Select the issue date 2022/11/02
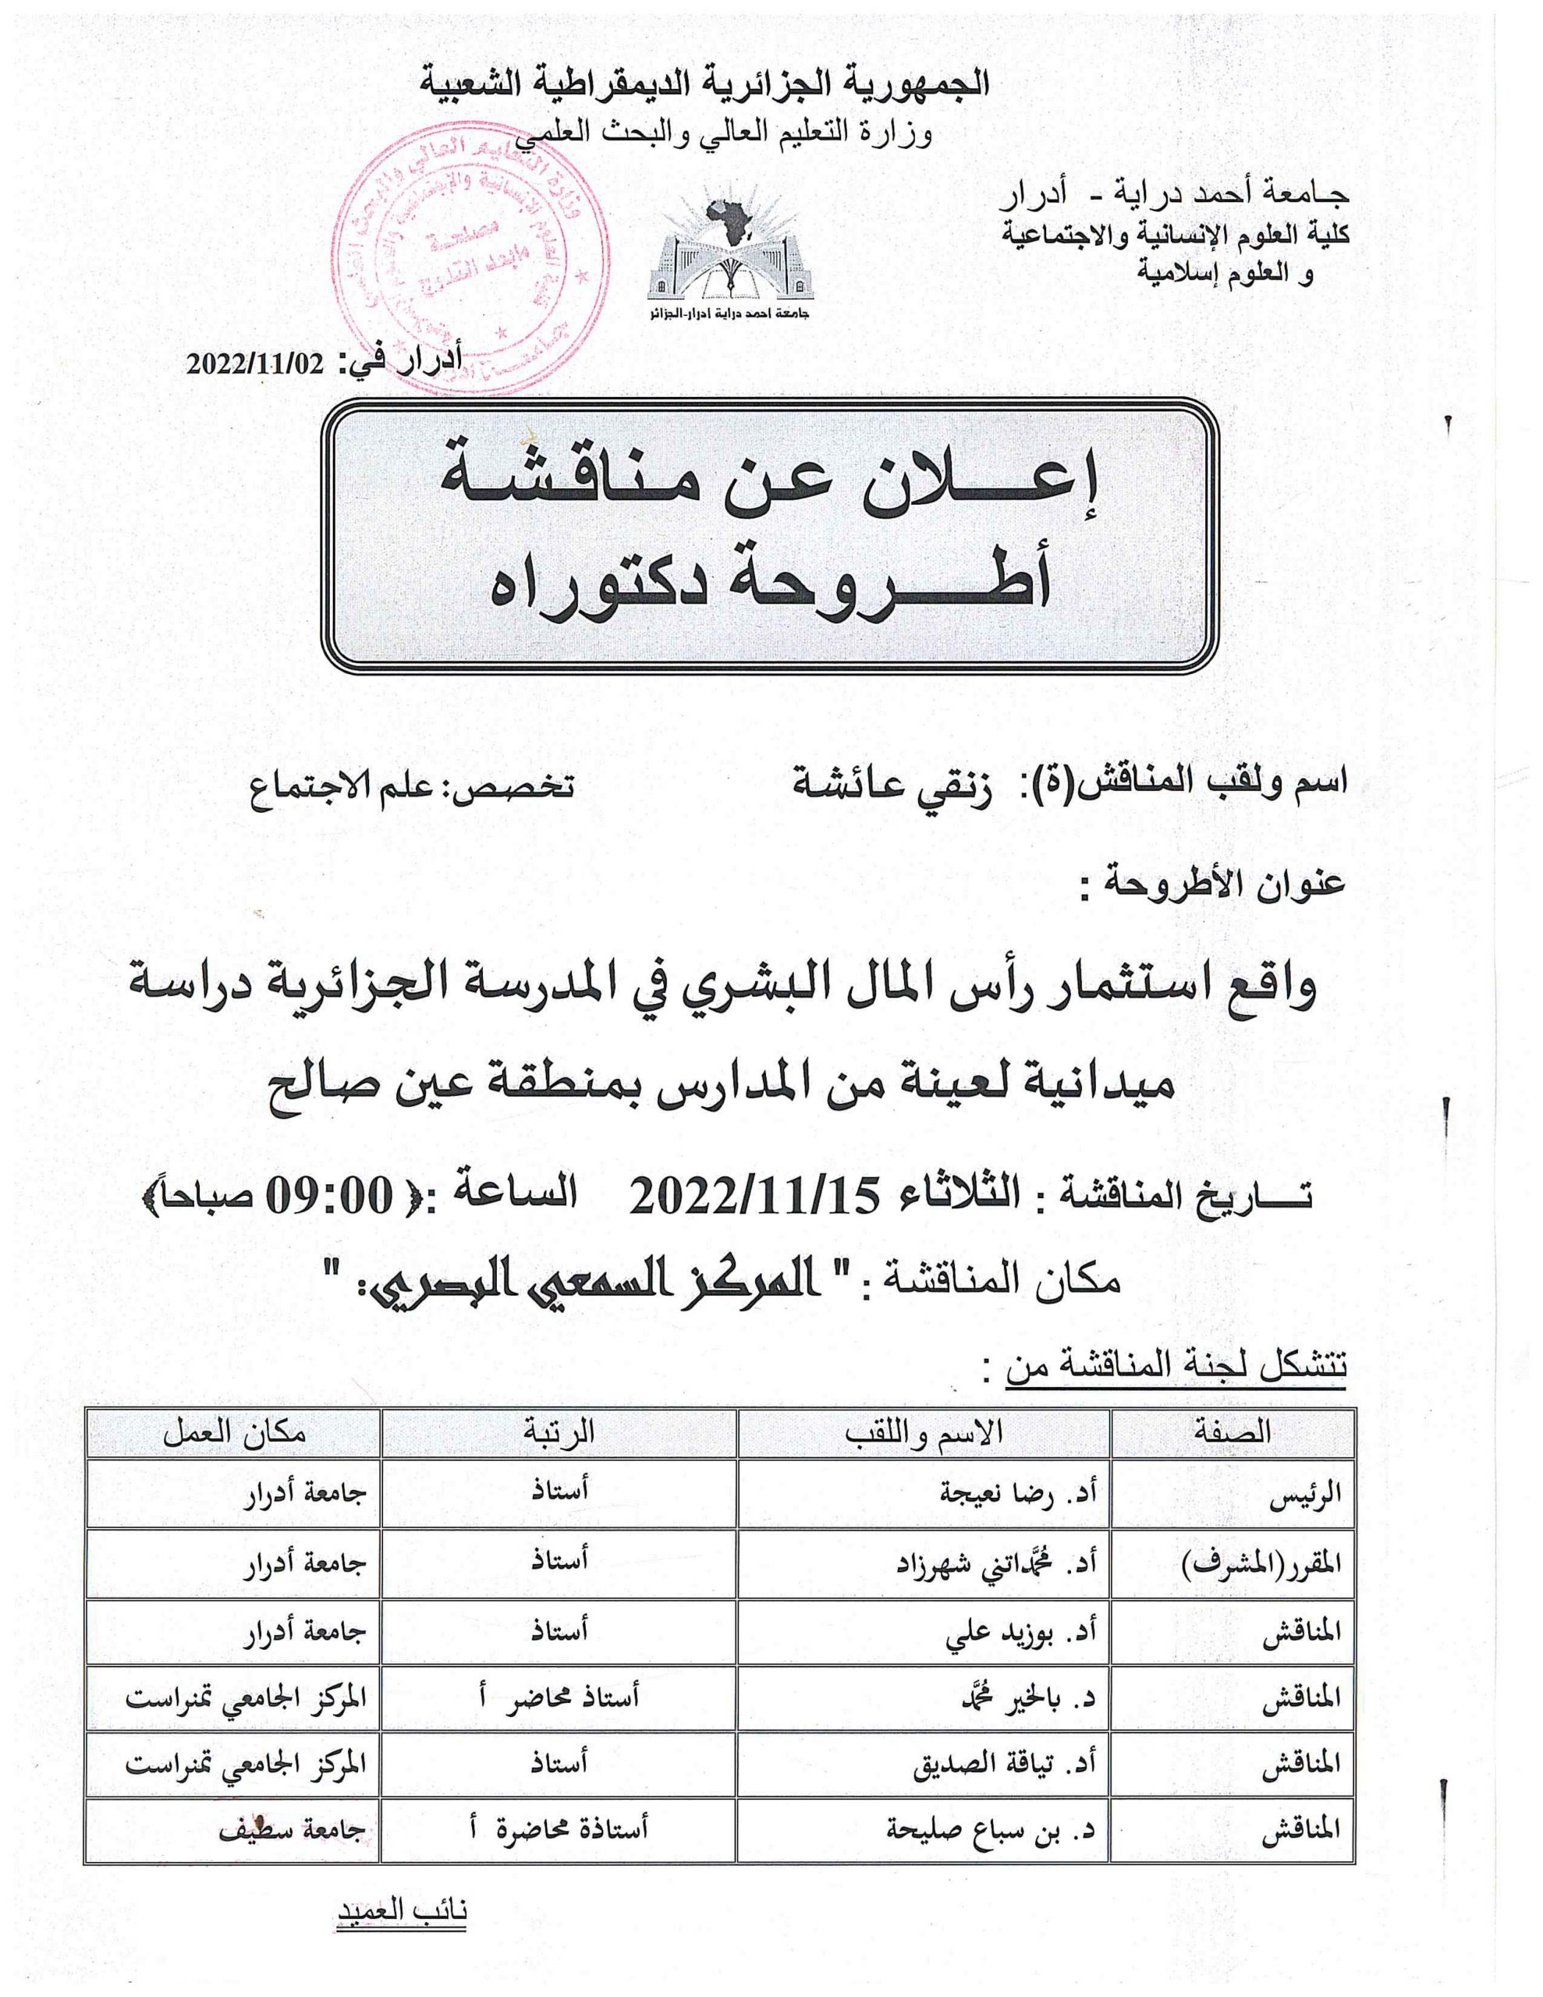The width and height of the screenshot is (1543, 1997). coord(256,364)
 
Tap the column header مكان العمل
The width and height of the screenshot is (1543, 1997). coord(234,1432)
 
